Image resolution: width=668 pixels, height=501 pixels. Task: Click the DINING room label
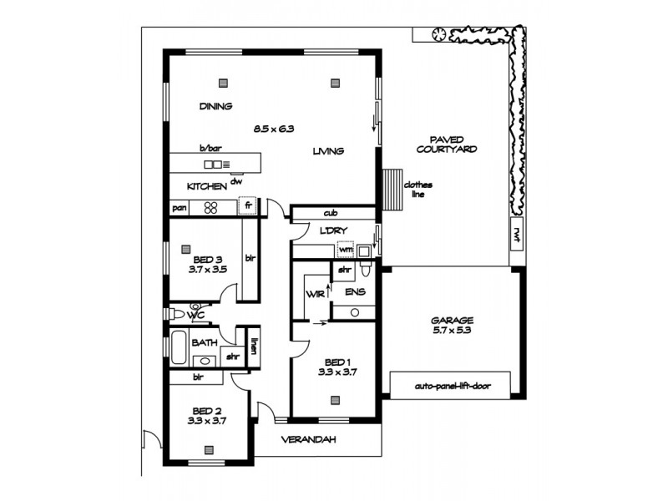(x=215, y=107)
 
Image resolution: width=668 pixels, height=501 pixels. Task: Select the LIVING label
(x=329, y=151)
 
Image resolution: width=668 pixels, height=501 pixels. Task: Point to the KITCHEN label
(x=206, y=187)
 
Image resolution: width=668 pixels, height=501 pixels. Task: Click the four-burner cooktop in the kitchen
(x=211, y=208)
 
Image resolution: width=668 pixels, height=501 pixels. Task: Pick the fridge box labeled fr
(x=248, y=205)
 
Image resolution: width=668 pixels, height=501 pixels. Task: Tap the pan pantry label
(x=179, y=208)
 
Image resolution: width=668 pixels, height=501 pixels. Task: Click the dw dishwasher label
(x=236, y=181)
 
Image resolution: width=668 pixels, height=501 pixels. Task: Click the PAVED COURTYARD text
(x=453, y=144)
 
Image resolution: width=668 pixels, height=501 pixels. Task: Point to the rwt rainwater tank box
(x=517, y=234)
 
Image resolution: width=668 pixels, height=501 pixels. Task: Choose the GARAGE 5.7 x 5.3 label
(x=453, y=325)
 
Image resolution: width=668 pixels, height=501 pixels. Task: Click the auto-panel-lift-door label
(x=453, y=387)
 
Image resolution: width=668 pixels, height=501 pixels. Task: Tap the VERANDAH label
(x=307, y=439)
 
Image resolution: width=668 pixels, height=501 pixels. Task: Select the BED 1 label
(x=337, y=367)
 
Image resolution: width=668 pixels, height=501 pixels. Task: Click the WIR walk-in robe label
(x=315, y=294)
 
